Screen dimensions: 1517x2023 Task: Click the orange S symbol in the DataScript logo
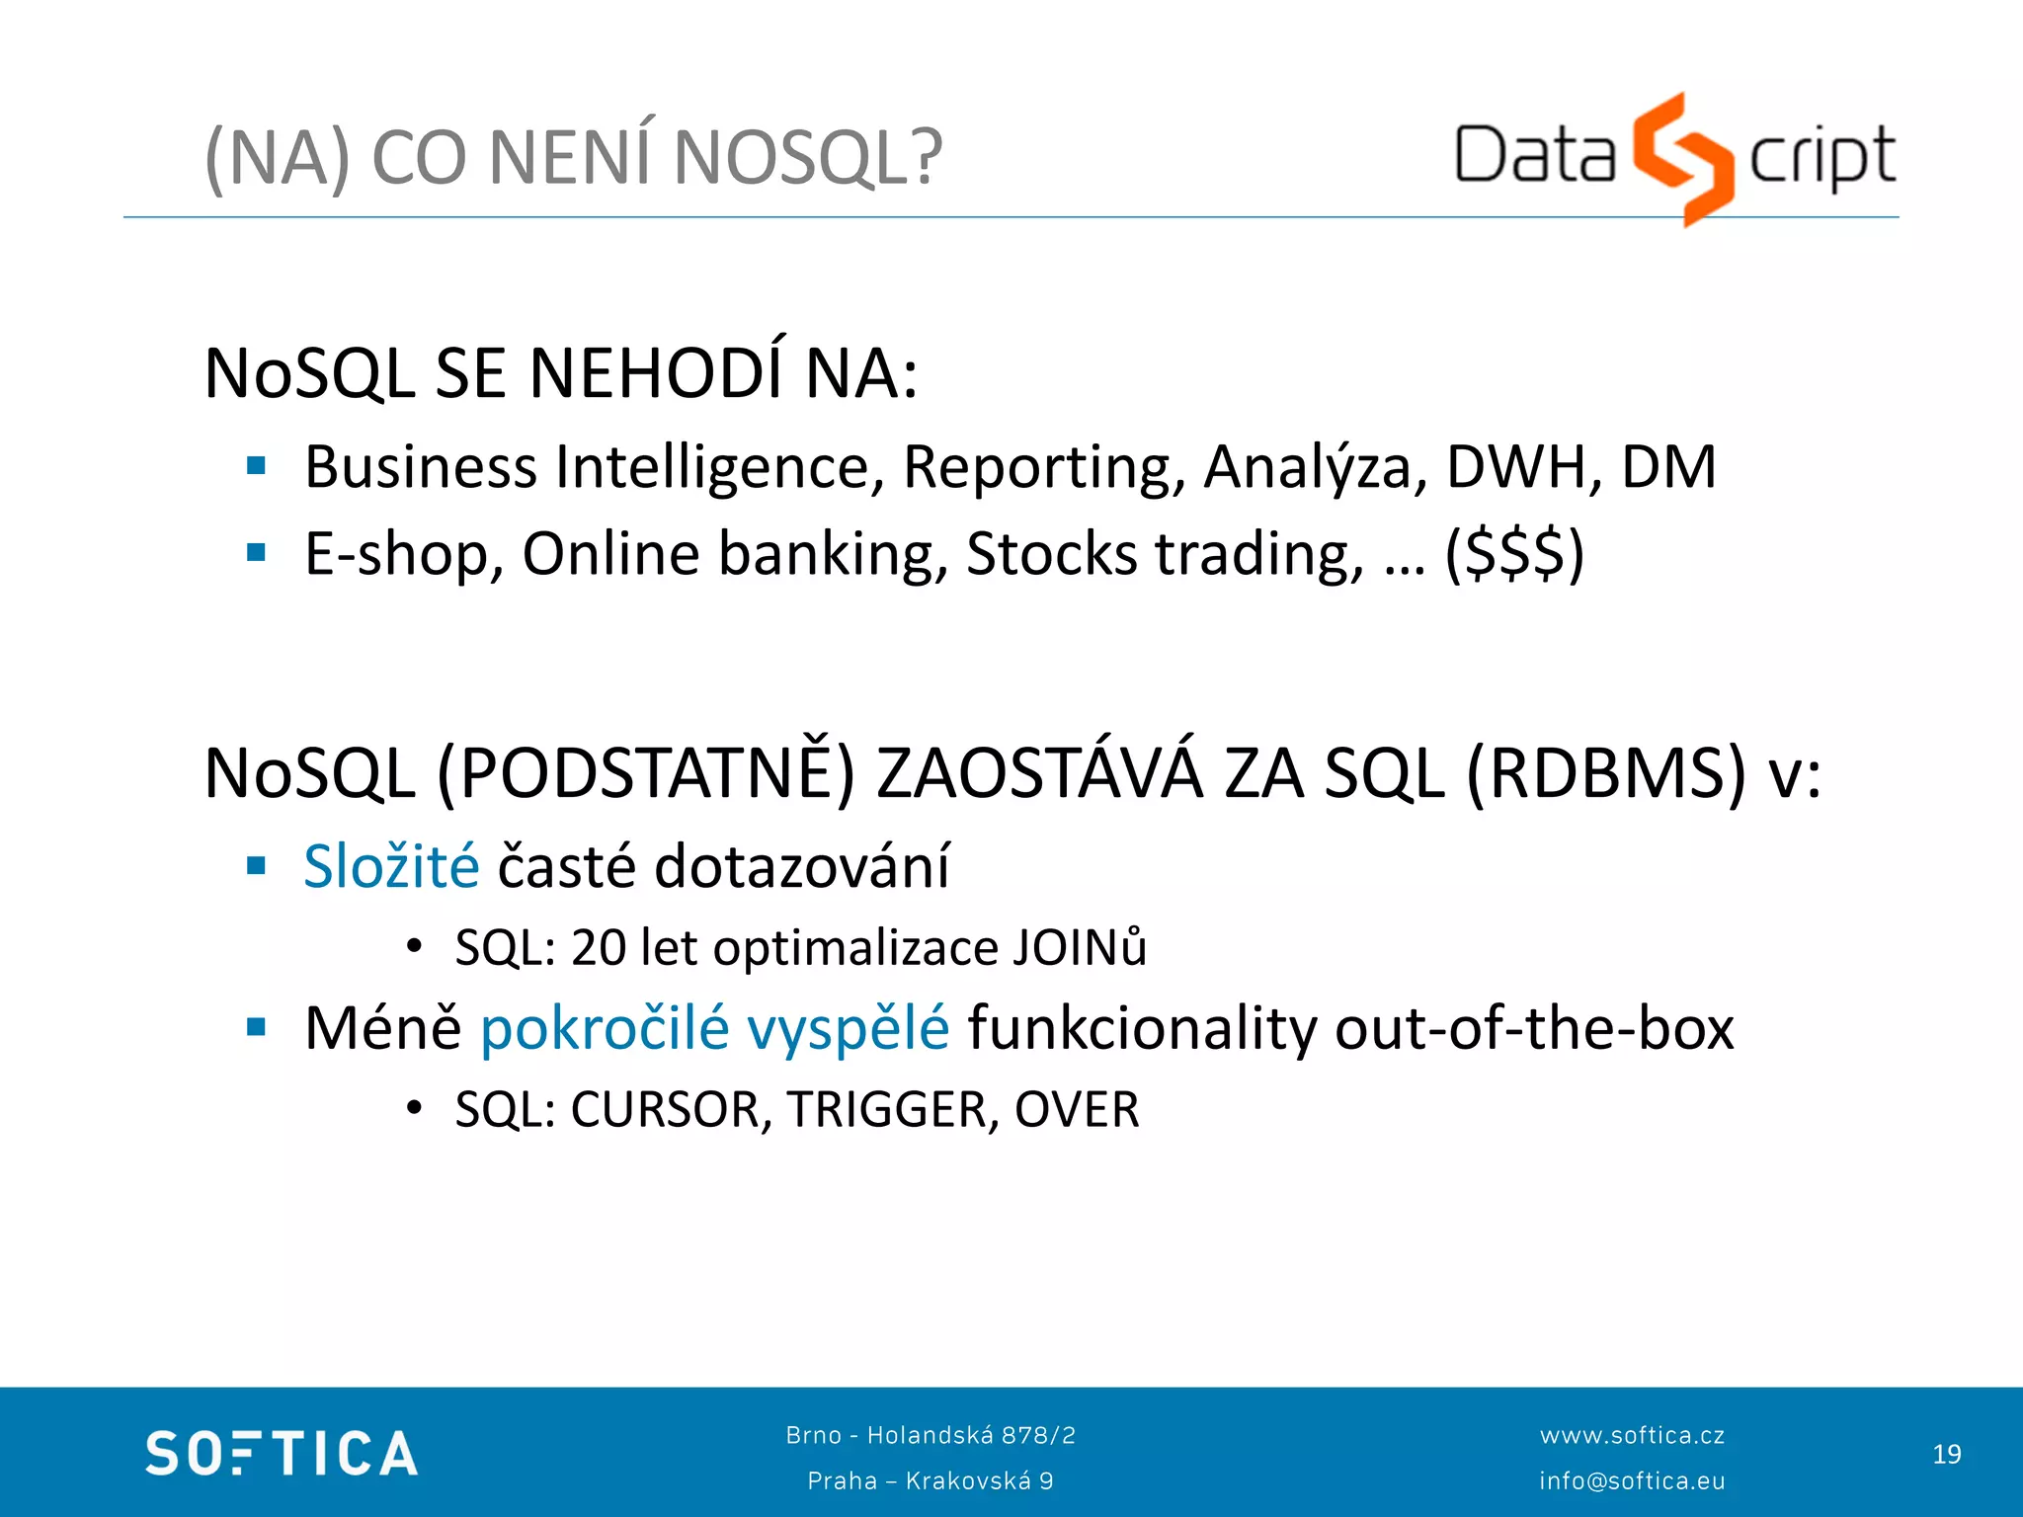(1682, 158)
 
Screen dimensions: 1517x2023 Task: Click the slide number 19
(1946, 1454)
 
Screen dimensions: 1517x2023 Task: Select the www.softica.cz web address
(1632, 1435)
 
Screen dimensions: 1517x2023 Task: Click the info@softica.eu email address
(1632, 1480)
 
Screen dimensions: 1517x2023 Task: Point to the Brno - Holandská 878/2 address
(931, 1435)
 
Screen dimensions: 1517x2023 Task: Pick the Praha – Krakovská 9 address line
(931, 1480)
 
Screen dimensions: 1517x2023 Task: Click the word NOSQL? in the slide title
(808, 158)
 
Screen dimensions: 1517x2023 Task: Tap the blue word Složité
(391, 866)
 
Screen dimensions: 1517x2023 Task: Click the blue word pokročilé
(605, 1028)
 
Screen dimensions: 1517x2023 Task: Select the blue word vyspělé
(848, 1028)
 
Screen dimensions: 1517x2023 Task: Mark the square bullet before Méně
(257, 1027)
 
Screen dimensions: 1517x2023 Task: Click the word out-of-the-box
(1534, 1028)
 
